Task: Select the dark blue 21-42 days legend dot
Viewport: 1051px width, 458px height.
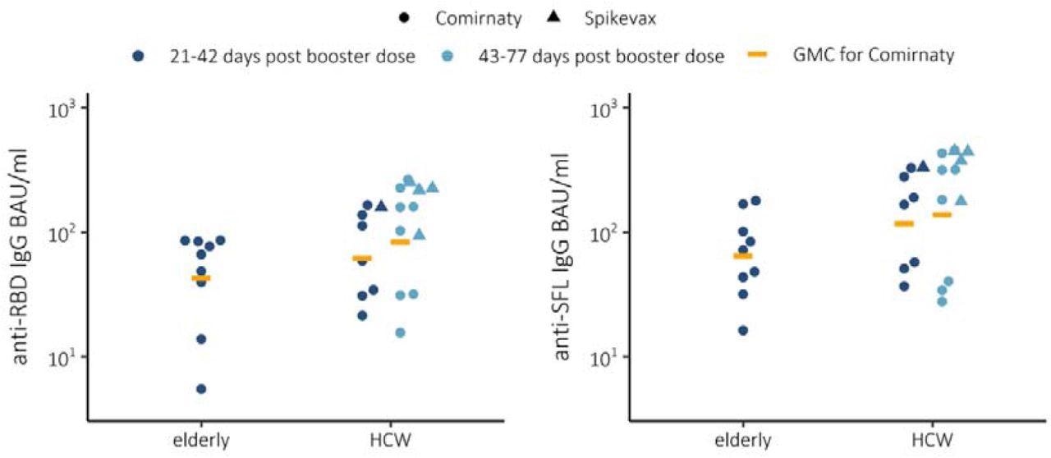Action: [x=139, y=55]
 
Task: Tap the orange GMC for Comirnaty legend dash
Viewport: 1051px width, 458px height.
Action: [x=756, y=55]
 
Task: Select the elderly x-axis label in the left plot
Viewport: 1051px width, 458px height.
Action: [x=201, y=441]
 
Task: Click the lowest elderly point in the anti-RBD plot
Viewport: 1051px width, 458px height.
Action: [x=201, y=388]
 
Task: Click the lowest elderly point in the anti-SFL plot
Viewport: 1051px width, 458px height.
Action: [x=742, y=330]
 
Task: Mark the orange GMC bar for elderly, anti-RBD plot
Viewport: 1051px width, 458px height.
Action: [x=201, y=278]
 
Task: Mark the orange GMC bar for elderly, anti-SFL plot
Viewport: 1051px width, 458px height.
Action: [x=742, y=256]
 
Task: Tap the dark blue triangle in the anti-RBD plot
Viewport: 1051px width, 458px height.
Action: [x=381, y=205]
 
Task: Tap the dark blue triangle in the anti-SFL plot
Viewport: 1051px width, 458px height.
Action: [x=923, y=167]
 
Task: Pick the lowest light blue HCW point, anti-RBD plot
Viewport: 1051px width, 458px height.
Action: [x=400, y=332]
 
